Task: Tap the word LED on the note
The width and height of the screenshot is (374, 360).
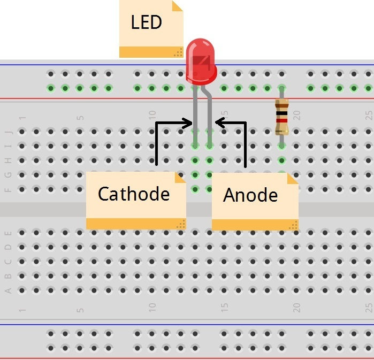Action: click(146, 22)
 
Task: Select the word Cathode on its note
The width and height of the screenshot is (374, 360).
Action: click(133, 193)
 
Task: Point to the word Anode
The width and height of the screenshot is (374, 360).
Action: click(250, 195)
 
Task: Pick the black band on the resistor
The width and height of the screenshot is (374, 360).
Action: click(281, 113)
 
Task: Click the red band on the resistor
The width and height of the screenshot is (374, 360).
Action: click(281, 120)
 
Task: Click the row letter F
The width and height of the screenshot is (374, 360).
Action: click(8, 189)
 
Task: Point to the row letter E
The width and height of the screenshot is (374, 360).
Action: click(8, 233)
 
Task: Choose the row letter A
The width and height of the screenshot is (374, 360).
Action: click(8, 290)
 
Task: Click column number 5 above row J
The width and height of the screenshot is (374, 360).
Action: click(80, 117)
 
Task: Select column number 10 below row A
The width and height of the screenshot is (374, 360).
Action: click(152, 308)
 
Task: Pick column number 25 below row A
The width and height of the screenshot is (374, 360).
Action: click(368, 308)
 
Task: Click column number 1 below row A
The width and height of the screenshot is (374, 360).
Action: click(22, 310)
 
